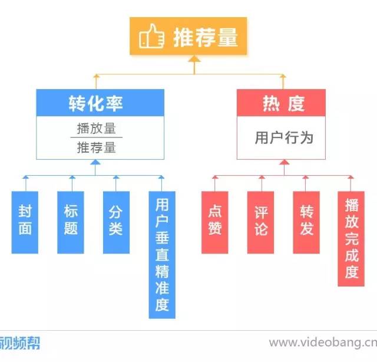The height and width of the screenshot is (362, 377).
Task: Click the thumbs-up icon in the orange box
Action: click(152, 37)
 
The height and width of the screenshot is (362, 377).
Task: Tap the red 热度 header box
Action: click(281, 103)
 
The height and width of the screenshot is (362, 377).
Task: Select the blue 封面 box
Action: click(25, 222)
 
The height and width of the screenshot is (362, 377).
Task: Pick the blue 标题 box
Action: click(71, 222)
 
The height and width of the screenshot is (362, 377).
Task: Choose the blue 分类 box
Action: click(116, 222)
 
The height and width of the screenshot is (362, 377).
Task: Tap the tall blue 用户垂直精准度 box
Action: click(162, 254)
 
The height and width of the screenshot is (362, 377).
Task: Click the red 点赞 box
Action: click(214, 222)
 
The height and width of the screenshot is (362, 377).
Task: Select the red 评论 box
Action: click(260, 222)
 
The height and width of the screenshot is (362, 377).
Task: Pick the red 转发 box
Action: click(306, 222)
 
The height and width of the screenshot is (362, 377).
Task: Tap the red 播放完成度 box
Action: click(352, 238)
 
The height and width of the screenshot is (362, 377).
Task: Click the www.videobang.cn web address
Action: click(322, 343)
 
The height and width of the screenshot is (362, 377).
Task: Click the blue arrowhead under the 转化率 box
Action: click(95, 163)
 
